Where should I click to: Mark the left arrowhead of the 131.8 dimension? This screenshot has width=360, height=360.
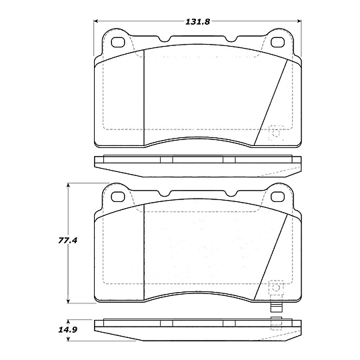pos(95,21)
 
